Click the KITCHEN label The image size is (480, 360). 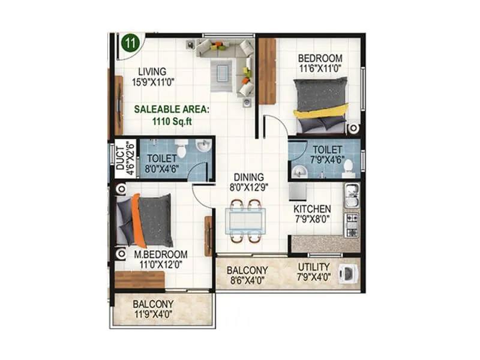(312, 209)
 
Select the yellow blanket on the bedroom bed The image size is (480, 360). (321, 112)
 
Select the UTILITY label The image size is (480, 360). (313, 266)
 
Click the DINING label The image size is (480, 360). (248, 177)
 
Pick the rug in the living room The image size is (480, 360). (222, 76)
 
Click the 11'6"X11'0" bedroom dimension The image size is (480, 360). (320, 69)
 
